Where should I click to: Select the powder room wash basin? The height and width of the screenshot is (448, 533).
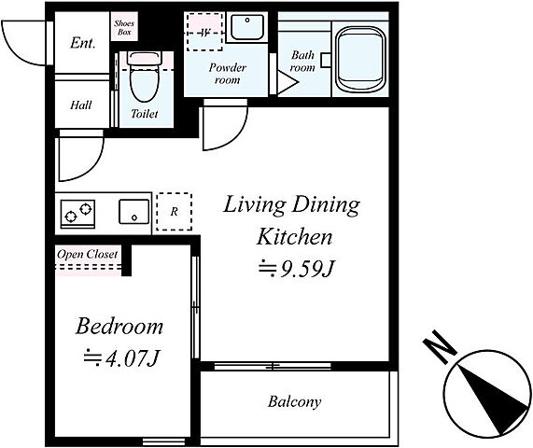tap(247, 27)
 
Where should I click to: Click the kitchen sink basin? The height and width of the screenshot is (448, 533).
tap(133, 212)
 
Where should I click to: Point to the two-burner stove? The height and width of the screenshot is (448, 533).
tap(77, 214)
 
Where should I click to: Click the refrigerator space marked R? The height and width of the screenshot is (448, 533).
tap(174, 212)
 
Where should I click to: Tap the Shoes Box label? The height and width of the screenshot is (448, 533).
tap(124, 27)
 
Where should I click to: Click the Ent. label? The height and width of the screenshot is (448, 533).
tap(82, 43)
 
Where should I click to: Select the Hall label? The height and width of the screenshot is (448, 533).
tap(81, 105)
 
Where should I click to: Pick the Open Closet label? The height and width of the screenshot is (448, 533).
tap(88, 254)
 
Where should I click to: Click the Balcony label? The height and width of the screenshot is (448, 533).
tap(294, 402)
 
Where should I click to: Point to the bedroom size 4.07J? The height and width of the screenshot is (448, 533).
tap(121, 357)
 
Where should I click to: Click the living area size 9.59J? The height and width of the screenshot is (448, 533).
tap(297, 268)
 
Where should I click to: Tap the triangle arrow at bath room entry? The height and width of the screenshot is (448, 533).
tap(288, 82)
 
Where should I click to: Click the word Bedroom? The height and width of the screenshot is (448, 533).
tap(119, 327)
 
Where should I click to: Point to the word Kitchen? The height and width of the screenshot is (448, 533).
tap(294, 237)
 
